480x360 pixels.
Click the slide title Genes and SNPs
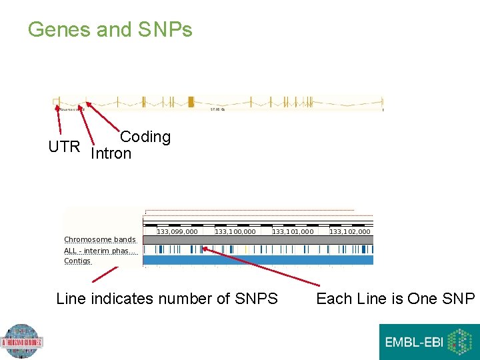tap(110, 30)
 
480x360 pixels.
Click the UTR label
tap(64, 147)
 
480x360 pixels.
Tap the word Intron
tap(111, 154)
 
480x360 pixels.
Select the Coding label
tap(145, 137)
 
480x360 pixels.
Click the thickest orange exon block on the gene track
tap(191, 102)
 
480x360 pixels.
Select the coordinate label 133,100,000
tap(235, 231)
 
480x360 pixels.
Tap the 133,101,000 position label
tap(292, 231)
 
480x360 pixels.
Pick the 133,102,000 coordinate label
tap(349, 231)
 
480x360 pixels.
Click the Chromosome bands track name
tap(99, 239)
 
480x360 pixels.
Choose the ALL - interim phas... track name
tap(100, 251)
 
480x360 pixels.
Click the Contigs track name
tap(77, 261)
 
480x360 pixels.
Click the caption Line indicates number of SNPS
tap(167, 299)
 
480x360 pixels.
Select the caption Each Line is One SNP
tap(395, 299)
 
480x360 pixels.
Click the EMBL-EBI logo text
tap(413, 343)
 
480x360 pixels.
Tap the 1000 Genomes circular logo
tap(21, 342)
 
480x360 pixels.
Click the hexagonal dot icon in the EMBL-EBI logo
tap(459, 342)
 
